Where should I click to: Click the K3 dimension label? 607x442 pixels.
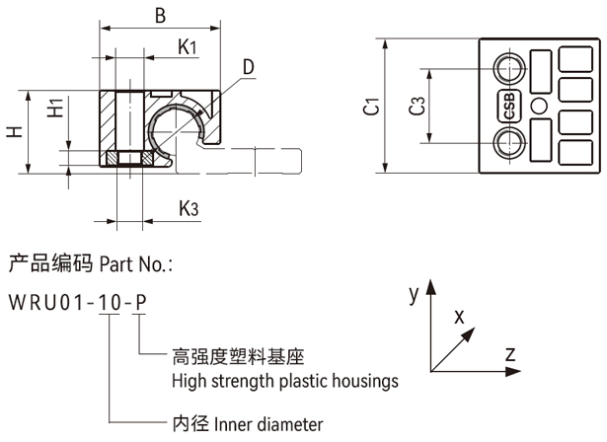click(190, 208)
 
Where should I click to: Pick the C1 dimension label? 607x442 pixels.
click(371, 107)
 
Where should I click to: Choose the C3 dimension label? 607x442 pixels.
click(417, 107)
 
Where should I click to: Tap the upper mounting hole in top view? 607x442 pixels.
click(510, 69)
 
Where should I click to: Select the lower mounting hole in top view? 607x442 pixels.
click(510, 145)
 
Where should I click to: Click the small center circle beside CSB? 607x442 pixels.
click(538, 107)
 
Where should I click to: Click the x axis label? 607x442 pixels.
click(459, 316)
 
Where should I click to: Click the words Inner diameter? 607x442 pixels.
click(266, 425)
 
